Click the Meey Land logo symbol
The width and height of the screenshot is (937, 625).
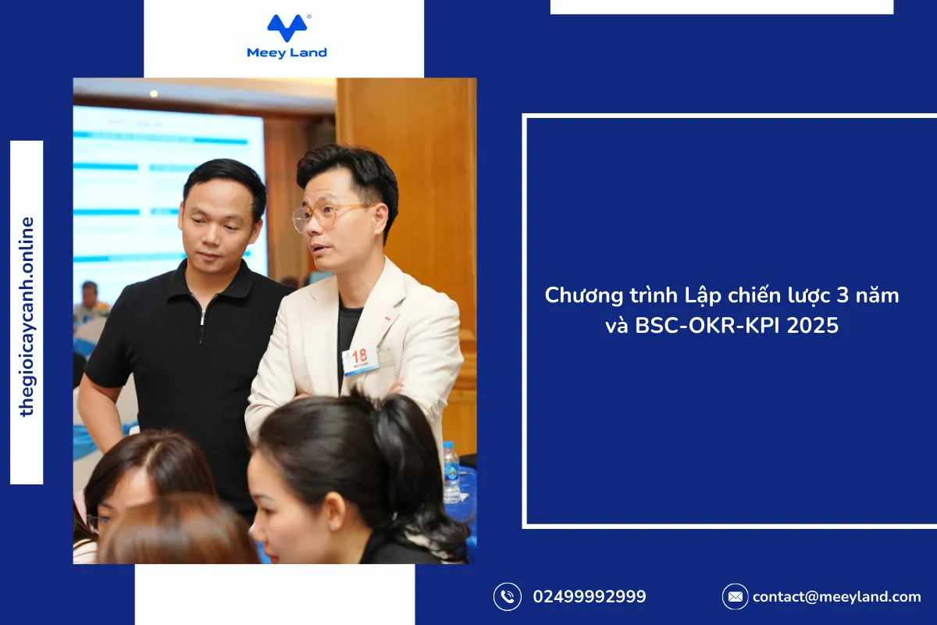287,28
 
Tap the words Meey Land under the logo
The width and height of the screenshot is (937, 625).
287,53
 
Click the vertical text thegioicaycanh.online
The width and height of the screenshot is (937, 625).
27,316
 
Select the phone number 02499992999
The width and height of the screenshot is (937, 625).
590,597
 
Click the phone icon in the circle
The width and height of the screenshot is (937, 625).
508,597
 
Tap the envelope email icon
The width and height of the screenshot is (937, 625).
735,597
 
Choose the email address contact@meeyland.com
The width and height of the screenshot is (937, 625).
836,597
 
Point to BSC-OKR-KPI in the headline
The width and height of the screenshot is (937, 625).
707,325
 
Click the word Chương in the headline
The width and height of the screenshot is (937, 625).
583,295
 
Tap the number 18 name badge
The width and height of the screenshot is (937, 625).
360,359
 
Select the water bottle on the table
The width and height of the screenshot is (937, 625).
451,472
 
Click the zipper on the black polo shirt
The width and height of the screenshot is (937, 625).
202,317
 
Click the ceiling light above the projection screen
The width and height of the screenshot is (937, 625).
154,94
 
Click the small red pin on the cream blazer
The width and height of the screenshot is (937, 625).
388,320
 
